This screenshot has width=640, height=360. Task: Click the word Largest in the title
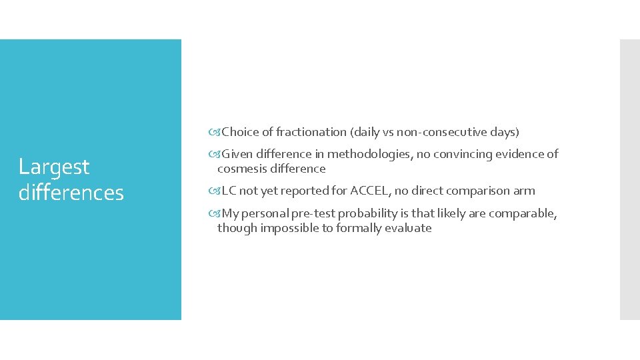pyautogui.click(x=53, y=167)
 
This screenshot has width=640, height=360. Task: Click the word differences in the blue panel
pyautogui.click(x=71, y=193)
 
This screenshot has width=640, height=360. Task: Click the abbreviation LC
pyautogui.click(x=229, y=191)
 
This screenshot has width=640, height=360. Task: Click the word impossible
pyautogui.click(x=288, y=228)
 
